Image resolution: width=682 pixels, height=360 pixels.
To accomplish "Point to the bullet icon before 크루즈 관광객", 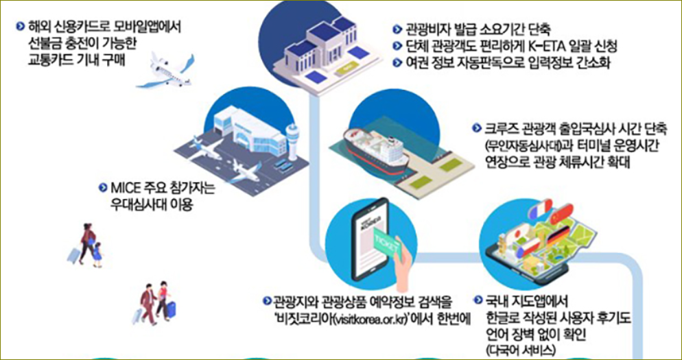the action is click(x=478, y=129).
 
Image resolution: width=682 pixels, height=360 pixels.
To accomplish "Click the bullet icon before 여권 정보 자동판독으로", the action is click(x=397, y=64).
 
